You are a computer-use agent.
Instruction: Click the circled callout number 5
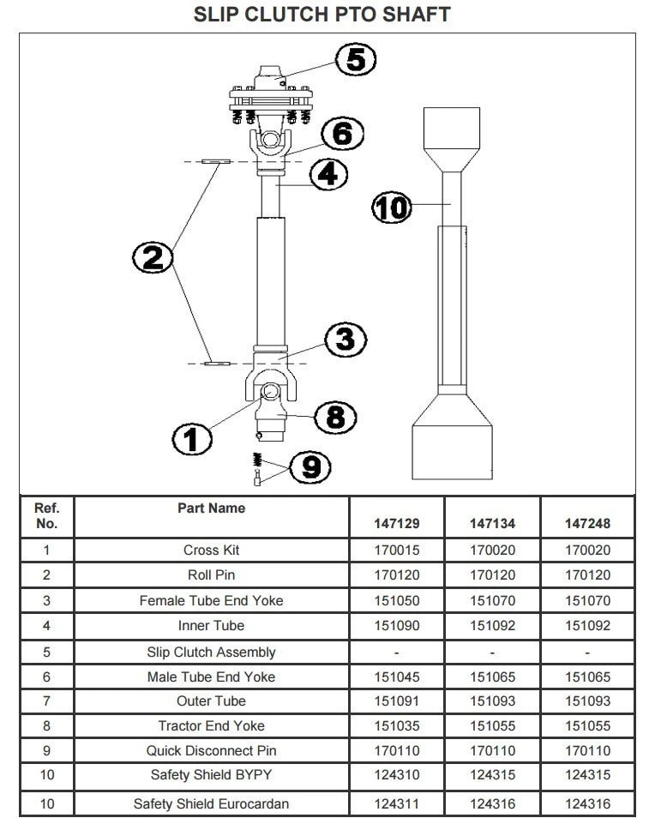pyautogui.click(x=355, y=59)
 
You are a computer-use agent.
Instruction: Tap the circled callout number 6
pyautogui.click(x=342, y=133)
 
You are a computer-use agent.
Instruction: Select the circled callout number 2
pyautogui.click(x=153, y=256)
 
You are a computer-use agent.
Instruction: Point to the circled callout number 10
pyautogui.click(x=392, y=207)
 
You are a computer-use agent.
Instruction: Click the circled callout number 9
pyautogui.click(x=310, y=466)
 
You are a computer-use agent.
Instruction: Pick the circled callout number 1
pyautogui.click(x=192, y=439)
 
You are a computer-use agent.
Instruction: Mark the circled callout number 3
pyautogui.click(x=345, y=339)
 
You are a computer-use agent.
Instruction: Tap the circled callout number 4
pyautogui.click(x=327, y=174)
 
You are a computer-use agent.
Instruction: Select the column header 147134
pyautogui.click(x=492, y=523)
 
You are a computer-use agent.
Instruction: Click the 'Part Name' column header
pyautogui.click(x=211, y=508)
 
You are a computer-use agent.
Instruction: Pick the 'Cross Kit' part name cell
pyautogui.click(x=211, y=550)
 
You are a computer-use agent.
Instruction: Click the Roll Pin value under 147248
pyautogui.click(x=587, y=575)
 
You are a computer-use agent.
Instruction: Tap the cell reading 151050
pyautogui.click(x=398, y=600)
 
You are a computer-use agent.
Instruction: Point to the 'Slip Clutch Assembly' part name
pyautogui.click(x=211, y=652)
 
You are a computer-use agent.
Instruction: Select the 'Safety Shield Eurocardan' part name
pyautogui.click(x=211, y=803)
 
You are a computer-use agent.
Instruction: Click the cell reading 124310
pyautogui.click(x=398, y=776)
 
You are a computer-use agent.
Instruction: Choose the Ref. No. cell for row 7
pyautogui.click(x=46, y=701)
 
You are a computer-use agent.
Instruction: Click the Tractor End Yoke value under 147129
pyautogui.click(x=398, y=725)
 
